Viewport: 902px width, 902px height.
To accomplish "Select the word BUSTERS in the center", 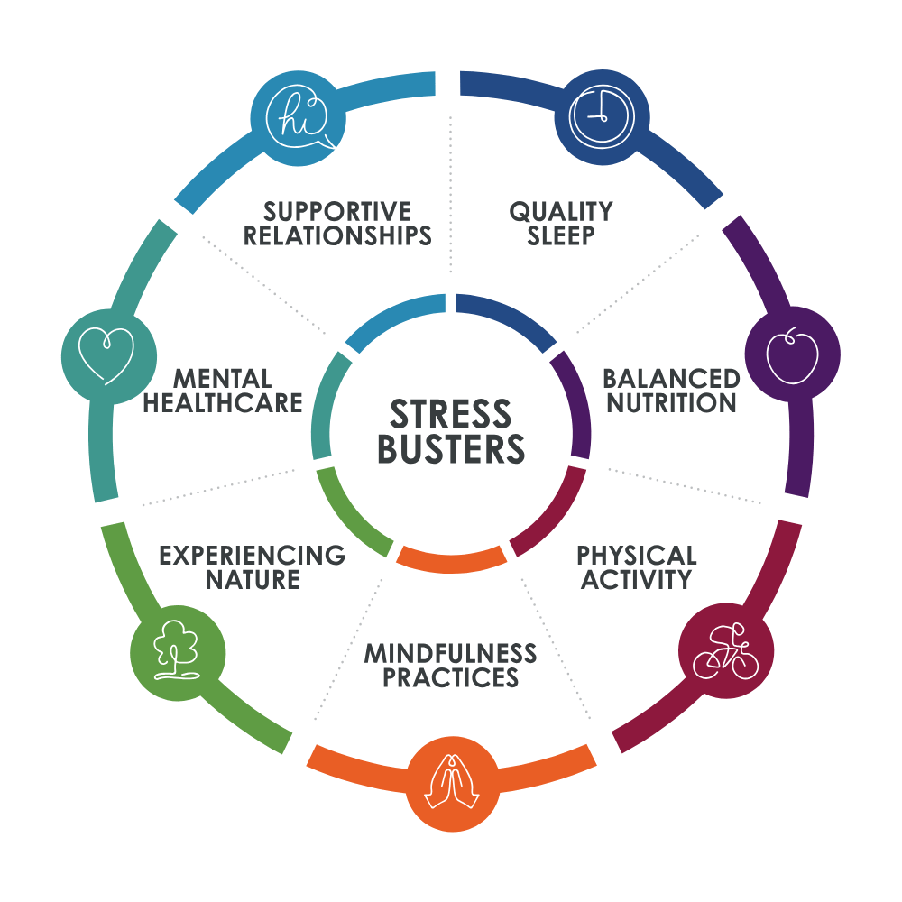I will (x=450, y=448).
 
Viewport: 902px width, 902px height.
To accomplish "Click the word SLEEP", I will (x=561, y=236).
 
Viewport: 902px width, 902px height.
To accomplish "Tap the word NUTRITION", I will (x=671, y=402).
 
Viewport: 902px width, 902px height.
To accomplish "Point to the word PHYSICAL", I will (x=637, y=554).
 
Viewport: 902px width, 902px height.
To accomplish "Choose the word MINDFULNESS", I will (x=450, y=652).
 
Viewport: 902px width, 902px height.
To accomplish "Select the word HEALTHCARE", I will (x=223, y=402).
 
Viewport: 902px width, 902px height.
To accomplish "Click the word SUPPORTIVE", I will (x=337, y=212).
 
